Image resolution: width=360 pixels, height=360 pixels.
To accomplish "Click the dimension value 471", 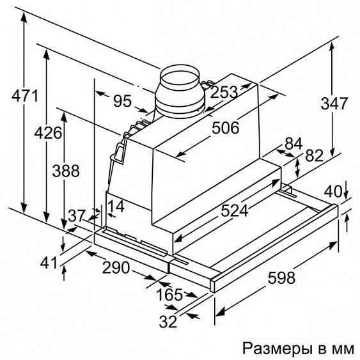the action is [x=25, y=96].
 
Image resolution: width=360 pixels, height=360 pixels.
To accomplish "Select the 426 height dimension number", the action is [x=48, y=133].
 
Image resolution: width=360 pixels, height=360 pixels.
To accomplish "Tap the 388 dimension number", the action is [x=66, y=171].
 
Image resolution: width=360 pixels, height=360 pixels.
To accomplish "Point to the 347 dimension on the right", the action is [x=334, y=104].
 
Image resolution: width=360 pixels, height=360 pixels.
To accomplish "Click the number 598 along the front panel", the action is [x=281, y=278].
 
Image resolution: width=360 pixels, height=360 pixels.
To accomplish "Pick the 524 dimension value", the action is [x=235, y=211].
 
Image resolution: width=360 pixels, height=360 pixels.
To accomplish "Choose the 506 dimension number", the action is [x=225, y=128].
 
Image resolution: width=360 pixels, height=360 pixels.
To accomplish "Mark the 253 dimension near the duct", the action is [x=224, y=92].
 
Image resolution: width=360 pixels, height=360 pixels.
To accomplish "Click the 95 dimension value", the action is [x=123, y=101].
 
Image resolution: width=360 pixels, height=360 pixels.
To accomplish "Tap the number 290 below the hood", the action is [x=116, y=268].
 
